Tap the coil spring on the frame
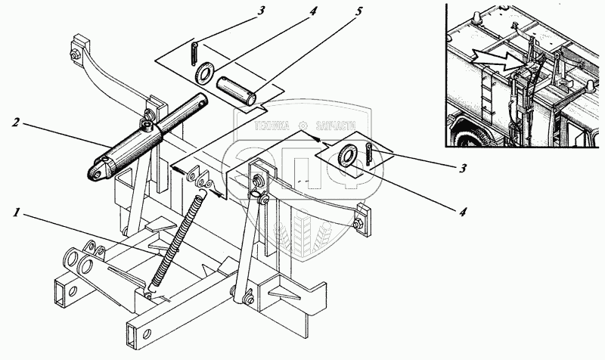tap(178, 237)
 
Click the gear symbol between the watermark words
tap(302, 127)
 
